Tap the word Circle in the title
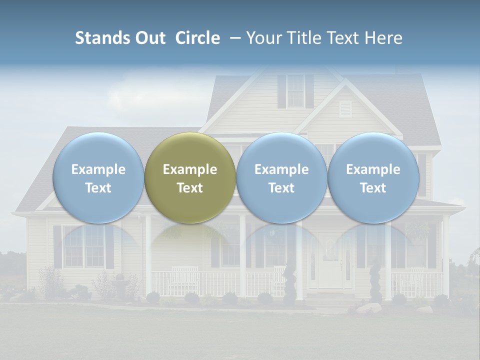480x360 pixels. click(197, 38)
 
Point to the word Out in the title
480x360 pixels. click(150, 38)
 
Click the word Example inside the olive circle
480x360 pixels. click(190, 169)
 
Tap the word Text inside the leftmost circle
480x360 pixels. click(98, 188)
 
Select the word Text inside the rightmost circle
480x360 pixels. click(373, 188)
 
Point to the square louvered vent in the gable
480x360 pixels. click(345, 108)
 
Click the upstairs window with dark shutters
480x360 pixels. click(295, 91)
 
